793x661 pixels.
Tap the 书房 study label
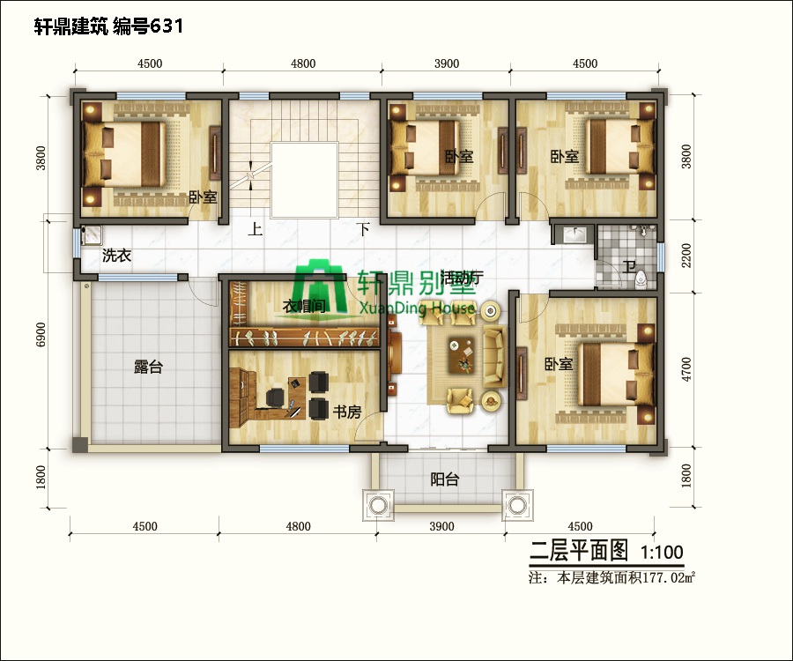click(346, 412)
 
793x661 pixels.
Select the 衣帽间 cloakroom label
click(305, 306)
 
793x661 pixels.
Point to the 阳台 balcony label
click(444, 479)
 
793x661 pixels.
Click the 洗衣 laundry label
click(116, 256)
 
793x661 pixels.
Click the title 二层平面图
click(578, 553)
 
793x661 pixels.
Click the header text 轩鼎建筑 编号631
click(108, 26)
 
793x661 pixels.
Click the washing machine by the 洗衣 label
click(90, 235)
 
